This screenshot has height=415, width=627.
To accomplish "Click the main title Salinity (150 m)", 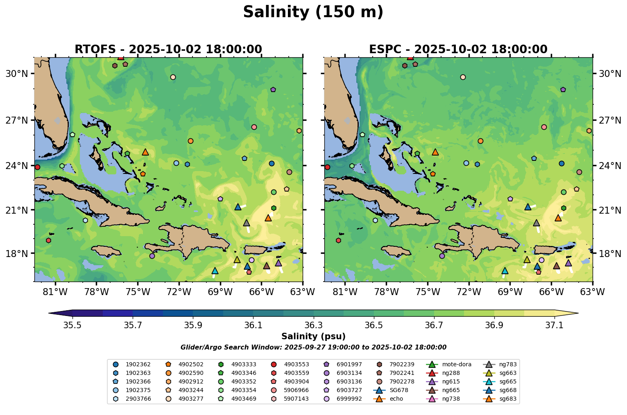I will (313, 12).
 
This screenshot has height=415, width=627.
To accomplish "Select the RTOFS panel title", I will (168, 50).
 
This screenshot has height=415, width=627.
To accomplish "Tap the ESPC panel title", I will (458, 50).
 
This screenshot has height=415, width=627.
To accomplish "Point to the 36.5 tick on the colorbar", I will (374, 325).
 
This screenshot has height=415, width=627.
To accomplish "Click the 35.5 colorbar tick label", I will (72, 325).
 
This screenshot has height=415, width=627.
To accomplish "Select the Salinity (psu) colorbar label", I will (313, 336).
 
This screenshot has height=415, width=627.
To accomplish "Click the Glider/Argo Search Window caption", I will (313, 347).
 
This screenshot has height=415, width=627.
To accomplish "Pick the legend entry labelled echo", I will (396, 399).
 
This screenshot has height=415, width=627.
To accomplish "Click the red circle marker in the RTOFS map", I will (37, 167).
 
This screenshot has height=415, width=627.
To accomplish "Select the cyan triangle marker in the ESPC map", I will (505, 271).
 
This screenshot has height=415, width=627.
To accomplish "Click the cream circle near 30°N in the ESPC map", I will (463, 77).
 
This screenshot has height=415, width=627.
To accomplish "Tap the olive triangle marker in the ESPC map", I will (527, 259).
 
